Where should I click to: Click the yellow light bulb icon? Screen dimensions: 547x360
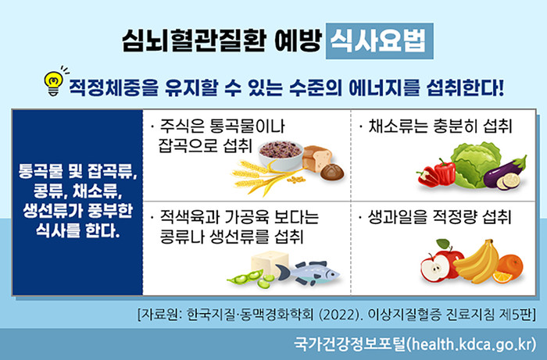pyautogui.click(x=53, y=82)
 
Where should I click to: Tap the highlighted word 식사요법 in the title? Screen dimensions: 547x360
pyautogui.click(x=379, y=41)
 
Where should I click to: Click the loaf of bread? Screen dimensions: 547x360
pyautogui.click(x=316, y=159)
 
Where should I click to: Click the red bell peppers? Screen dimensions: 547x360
pyautogui.click(x=437, y=173)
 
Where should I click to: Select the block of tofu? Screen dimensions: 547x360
pyautogui.click(x=270, y=264)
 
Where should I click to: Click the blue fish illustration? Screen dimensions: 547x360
pyautogui.click(x=308, y=273)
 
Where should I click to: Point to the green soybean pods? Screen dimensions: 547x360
pyautogui.click(x=251, y=279)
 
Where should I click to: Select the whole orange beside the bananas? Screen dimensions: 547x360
pyautogui.click(x=510, y=266)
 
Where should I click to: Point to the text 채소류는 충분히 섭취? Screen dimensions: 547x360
pyautogui.click(x=439, y=127)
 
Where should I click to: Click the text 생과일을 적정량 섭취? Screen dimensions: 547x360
pyautogui.click(x=439, y=217)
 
